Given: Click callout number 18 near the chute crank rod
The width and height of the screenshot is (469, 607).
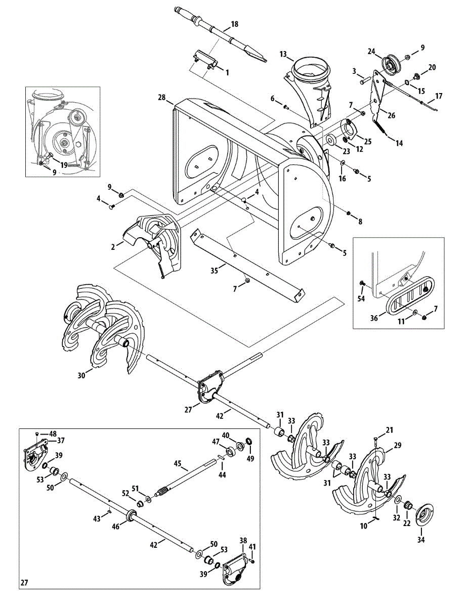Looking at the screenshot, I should tap(234, 24).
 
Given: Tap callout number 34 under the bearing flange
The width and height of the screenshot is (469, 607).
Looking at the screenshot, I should tap(421, 540).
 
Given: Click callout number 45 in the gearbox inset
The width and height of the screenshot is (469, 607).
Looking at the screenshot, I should tap(178, 463).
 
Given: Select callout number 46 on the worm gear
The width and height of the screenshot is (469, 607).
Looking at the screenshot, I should tap(115, 527).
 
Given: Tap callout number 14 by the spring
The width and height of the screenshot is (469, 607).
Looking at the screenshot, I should tap(399, 143).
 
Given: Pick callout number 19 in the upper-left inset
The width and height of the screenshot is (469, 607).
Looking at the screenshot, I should tap(64, 165).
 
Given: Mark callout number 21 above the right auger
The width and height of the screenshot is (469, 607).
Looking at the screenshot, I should tap(389, 430).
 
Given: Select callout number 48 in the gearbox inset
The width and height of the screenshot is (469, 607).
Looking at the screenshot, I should tap(53, 433).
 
